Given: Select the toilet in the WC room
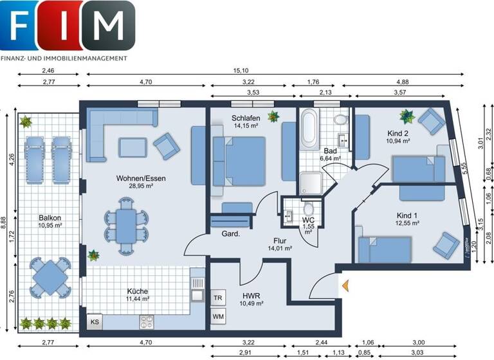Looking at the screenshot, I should click(x=308, y=209).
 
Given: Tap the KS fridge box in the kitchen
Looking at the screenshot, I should click(x=95, y=321).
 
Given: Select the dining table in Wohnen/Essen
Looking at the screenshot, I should click(x=126, y=224).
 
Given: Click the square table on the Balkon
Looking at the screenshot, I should click(x=49, y=277).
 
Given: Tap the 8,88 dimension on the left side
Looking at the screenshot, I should click(x=6, y=222).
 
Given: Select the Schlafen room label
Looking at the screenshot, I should click(x=246, y=118).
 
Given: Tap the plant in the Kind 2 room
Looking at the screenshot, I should click(x=407, y=116).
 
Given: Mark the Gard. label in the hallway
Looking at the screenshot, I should click(x=231, y=233).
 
